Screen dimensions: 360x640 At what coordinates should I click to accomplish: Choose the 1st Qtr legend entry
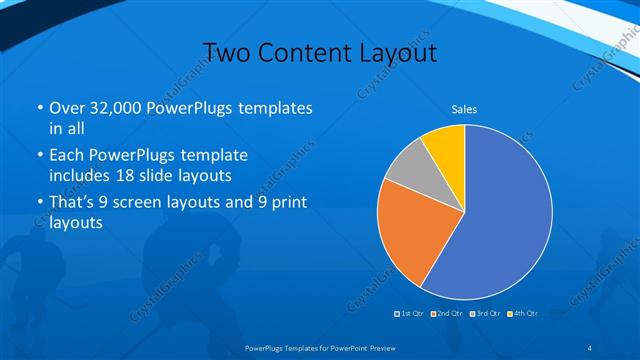coord(410,313)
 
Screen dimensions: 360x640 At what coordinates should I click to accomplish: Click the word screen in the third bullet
coord(165,204)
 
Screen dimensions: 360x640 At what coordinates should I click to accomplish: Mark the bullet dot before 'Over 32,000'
coord(38,108)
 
